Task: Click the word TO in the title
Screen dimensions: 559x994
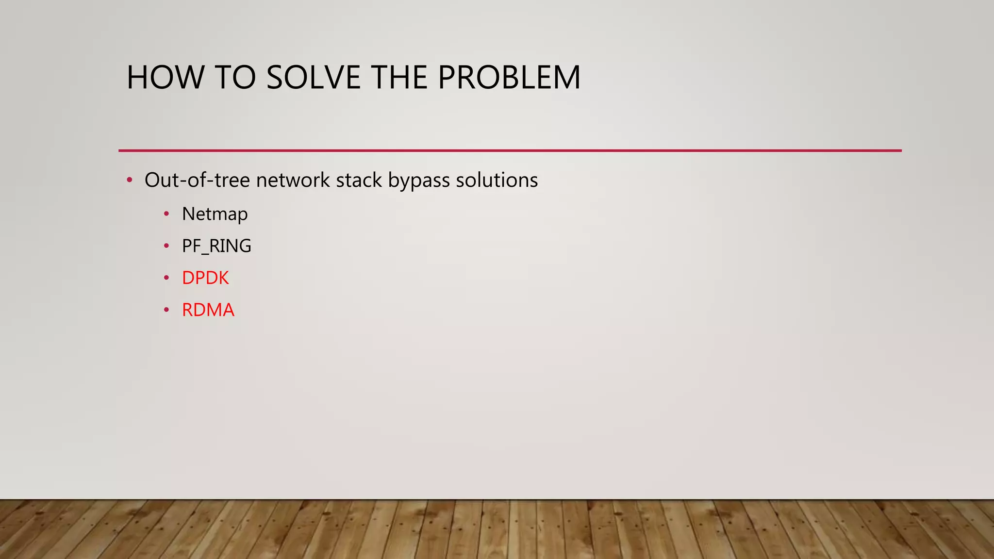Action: pos(235,77)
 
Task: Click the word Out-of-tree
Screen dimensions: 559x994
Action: pos(197,180)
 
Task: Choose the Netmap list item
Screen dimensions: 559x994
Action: pos(215,214)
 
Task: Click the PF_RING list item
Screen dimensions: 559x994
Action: pos(216,246)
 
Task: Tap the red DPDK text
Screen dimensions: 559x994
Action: pos(205,278)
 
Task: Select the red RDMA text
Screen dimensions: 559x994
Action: pos(208,310)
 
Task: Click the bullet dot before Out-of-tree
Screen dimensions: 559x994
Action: pos(129,181)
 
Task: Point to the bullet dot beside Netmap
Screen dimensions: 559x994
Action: pos(166,214)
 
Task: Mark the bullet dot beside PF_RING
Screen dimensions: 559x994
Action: pos(166,246)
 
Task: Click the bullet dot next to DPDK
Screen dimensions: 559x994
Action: pos(166,278)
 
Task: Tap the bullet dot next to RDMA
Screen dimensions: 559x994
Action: pos(166,310)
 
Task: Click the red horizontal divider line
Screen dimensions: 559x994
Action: pos(510,150)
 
